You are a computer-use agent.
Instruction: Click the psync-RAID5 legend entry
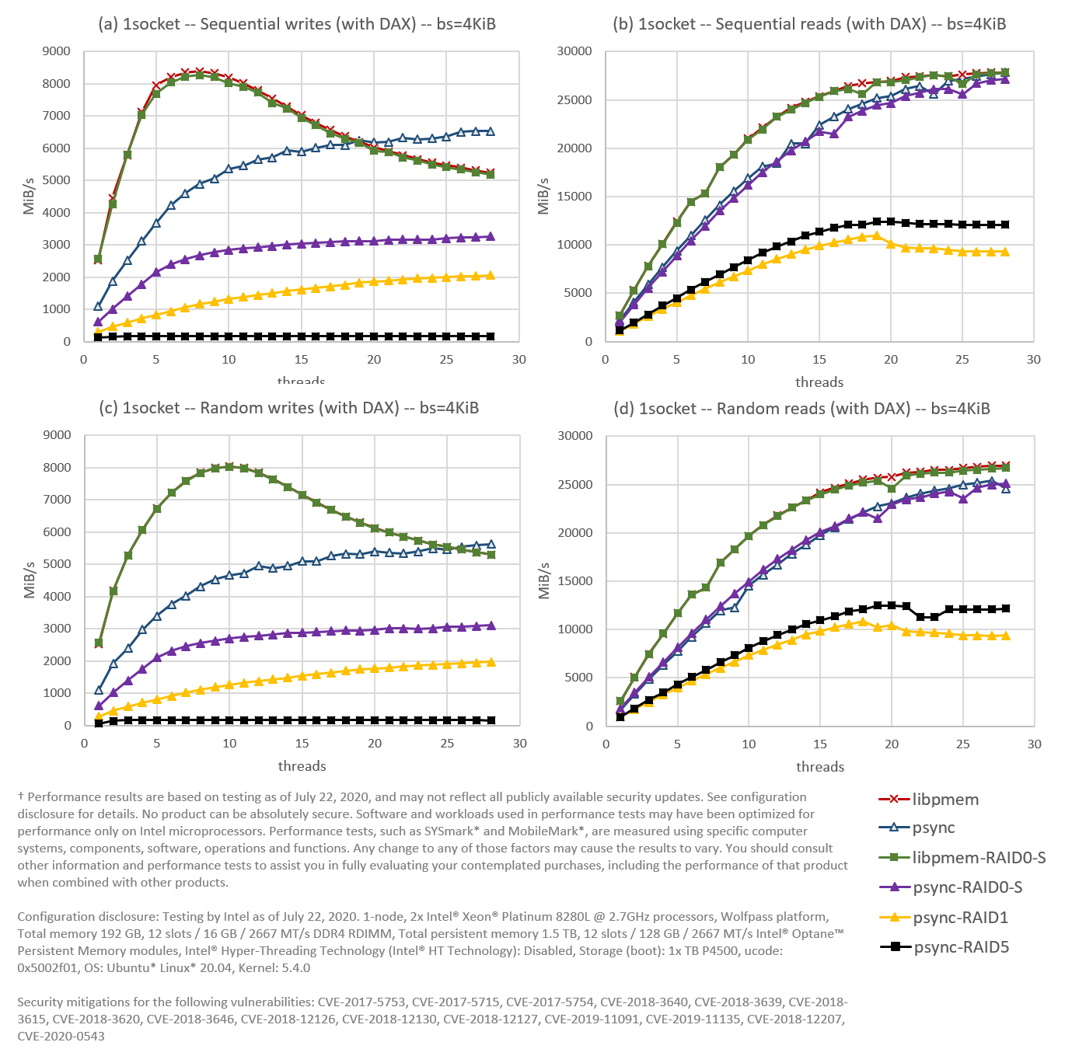[x=961, y=947]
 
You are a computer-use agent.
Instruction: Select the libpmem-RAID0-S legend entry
[x=979, y=858]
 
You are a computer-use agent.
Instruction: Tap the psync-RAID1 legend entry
[x=960, y=918]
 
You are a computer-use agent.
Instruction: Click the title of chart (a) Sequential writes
[x=297, y=24]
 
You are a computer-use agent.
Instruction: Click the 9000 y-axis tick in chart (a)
[x=56, y=51]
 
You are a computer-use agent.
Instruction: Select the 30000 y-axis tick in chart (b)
[x=575, y=51]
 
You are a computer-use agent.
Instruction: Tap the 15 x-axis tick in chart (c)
[x=302, y=744]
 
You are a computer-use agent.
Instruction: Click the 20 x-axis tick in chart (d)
[x=892, y=744]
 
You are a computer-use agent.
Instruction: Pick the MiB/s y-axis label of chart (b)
[x=544, y=196]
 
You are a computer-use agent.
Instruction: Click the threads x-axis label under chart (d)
[x=820, y=767]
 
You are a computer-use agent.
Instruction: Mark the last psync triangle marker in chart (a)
[x=490, y=131]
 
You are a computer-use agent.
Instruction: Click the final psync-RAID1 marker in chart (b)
[x=1005, y=252]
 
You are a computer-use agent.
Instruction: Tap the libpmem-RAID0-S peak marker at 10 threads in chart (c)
[x=229, y=467]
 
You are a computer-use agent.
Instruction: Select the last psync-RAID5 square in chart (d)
[x=1006, y=608]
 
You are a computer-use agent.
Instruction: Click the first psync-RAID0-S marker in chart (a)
[x=99, y=322]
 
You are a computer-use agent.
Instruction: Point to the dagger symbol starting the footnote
[x=21, y=796]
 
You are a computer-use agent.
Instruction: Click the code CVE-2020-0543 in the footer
[x=61, y=1036]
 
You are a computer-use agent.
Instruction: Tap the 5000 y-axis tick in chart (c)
[x=57, y=564]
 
